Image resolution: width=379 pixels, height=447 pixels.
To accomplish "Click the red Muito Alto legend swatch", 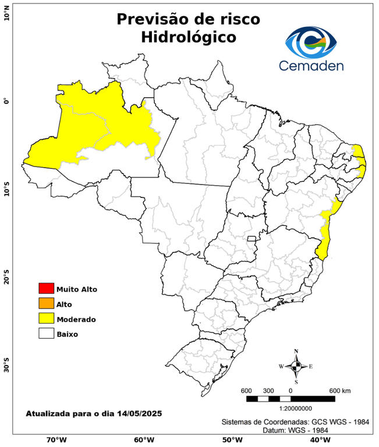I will click(46, 288).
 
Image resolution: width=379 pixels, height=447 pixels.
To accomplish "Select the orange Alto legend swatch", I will click(46, 303).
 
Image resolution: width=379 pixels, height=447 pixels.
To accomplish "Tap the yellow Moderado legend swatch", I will click(46, 318).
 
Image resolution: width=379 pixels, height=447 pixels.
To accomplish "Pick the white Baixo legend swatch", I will click(46, 334).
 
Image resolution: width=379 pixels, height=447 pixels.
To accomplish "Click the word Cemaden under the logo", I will click(311, 65).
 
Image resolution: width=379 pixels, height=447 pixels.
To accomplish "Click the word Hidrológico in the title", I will click(189, 37).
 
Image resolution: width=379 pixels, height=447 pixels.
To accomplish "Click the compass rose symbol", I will click(296, 366).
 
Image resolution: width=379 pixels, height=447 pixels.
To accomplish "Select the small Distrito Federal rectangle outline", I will click(252, 238).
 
